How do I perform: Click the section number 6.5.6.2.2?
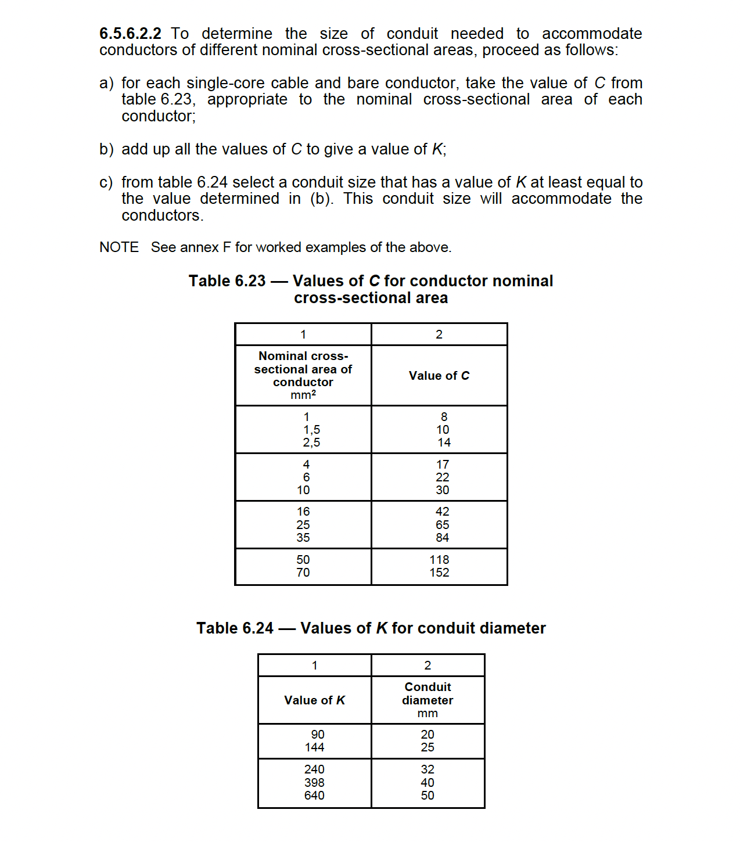click(x=130, y=34)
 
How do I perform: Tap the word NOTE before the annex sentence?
click(x=119, y=247)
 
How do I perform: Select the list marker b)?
click(x=106, y=149)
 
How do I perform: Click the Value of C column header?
click(x=439, y=376)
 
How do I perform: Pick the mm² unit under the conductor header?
click(x=303, y=395)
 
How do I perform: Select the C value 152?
click(x=439, y=573)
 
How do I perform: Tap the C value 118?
click(x=439, y=560)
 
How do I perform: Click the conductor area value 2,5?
click(x=311, y=442)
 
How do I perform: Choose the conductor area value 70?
click(x=303, y=573)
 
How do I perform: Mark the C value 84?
click(x=443, y=538)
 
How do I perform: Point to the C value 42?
click(x=443, y=512)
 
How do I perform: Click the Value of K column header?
click(x=314, y=700)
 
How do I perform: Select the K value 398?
click(x=314, y=783)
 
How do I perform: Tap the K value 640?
click(x=314, y=796)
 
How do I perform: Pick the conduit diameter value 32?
click(x=428, y=769)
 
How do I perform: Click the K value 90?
click(x=318, y=735)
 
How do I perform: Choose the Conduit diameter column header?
click(x=428, y=694)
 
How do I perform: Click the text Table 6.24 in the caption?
click(x=235, y=628)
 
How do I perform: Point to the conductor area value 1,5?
click(x=311, y=430)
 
